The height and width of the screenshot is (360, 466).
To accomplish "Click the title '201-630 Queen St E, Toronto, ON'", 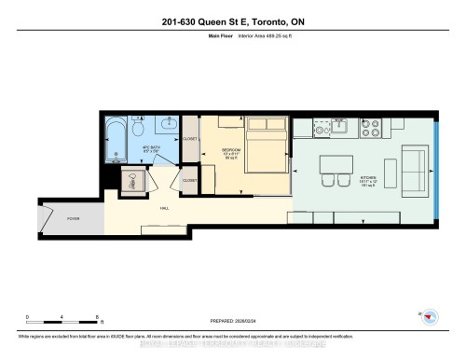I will point(232,22).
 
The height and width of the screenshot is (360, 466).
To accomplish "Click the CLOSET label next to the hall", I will point(189,180).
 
